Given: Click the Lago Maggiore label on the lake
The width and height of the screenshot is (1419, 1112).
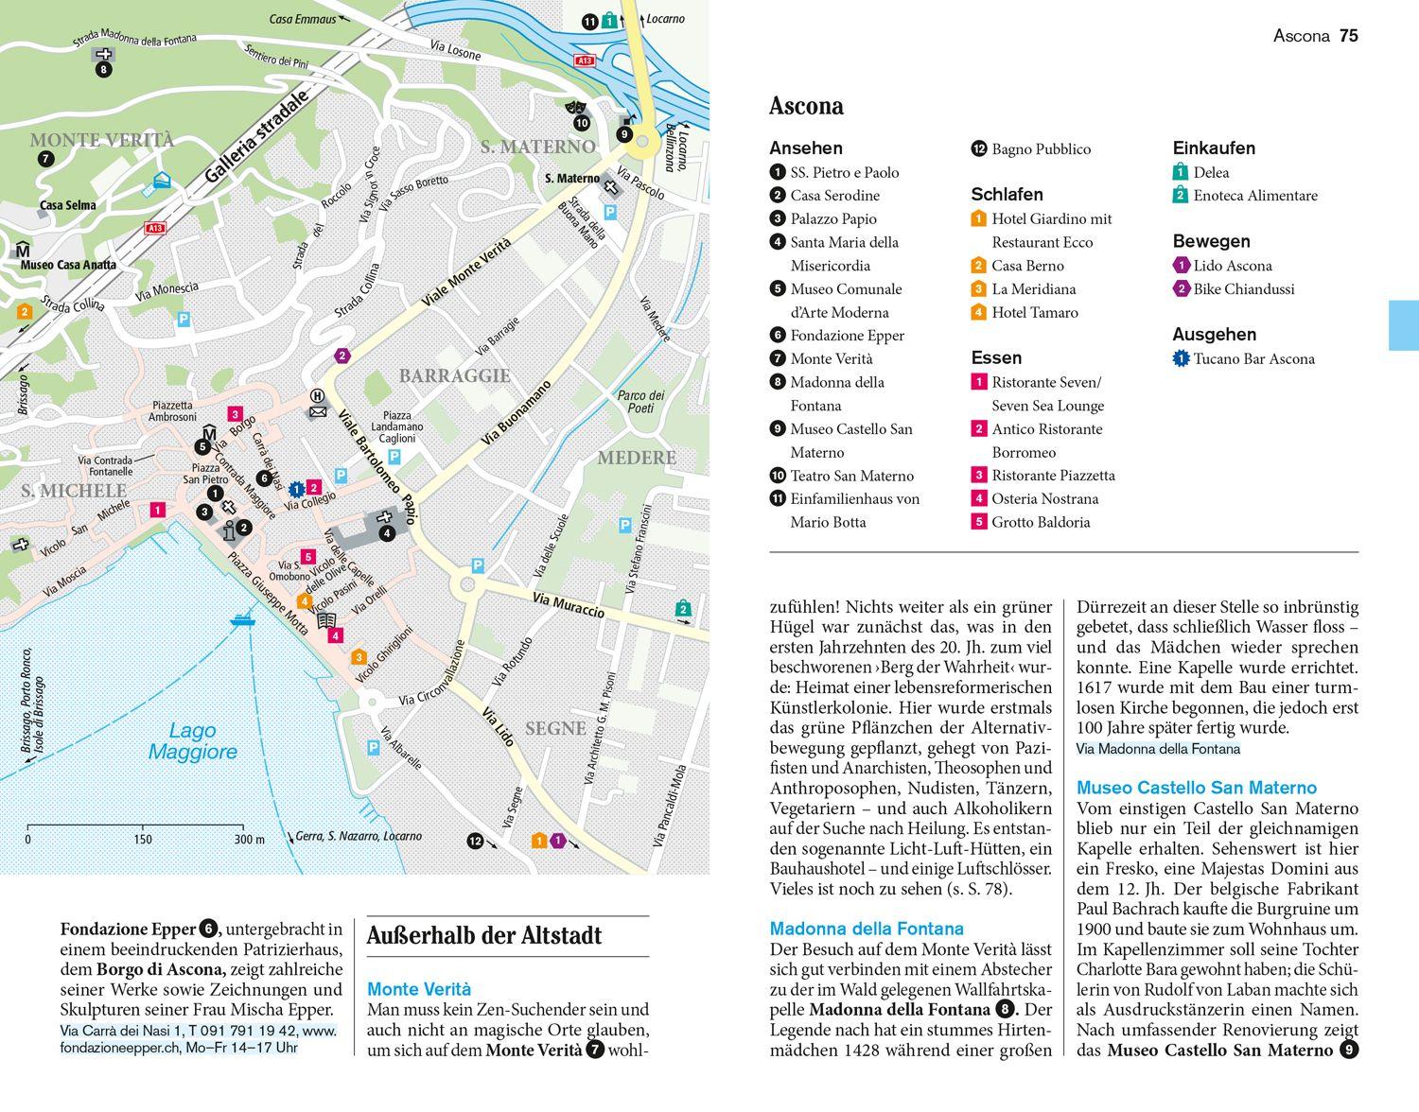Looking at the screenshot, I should click(x=193, y=741).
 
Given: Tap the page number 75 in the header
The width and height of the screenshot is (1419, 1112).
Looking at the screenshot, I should click(x=1348, y=36).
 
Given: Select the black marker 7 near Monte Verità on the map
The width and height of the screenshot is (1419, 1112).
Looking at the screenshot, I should click(x=45, y=159).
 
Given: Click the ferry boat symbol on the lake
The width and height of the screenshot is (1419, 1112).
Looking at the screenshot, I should click(x=241, y=620).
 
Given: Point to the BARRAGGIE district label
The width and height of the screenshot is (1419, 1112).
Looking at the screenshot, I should click(x=454, y=375).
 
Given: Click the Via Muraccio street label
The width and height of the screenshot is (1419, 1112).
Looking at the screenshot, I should click(x=568, y=605).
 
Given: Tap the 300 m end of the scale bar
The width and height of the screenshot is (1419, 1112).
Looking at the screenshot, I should click(x=250, y=839).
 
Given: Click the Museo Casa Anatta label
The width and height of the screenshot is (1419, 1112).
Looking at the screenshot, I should click(x=68, y=265).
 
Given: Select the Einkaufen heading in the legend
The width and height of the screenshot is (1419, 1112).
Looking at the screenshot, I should click(x=1214, y=148).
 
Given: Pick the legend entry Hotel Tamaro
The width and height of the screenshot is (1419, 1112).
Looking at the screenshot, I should click(x=1034, y=312).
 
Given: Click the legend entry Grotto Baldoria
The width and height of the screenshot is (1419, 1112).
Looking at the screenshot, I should click(x=1040, y=522).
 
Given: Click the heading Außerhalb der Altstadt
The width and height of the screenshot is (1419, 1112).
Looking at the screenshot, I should click(x=483, y=936).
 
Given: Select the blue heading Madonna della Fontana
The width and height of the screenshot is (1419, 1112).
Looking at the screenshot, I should click(x=867, y=929).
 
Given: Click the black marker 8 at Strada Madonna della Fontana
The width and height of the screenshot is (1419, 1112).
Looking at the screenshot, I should click(x=103, y=70).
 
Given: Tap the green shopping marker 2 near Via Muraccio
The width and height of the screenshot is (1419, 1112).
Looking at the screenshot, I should click(x=683, y=609).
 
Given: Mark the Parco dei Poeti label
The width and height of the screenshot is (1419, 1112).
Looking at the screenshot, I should click(x=640, y=402).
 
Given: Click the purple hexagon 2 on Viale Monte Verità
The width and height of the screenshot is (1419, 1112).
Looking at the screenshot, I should click(x=342, y=356).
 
